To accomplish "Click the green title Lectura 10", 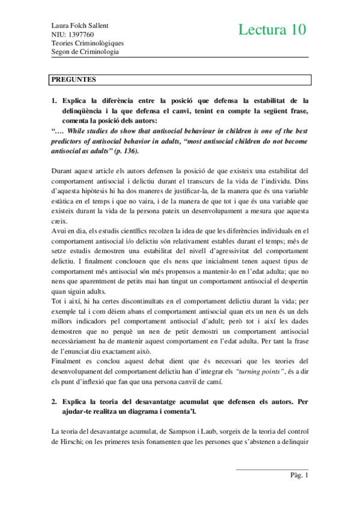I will pos(272,29).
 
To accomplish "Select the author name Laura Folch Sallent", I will pos(83,26).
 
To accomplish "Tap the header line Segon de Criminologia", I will pos(85,52).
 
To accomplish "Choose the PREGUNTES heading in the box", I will pos(75,79).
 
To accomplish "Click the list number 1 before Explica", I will pos(54,100).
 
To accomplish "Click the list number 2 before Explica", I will pos(54,399).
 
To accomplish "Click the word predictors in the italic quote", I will pos(70,126).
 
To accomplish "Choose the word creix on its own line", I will pos(59,204).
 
